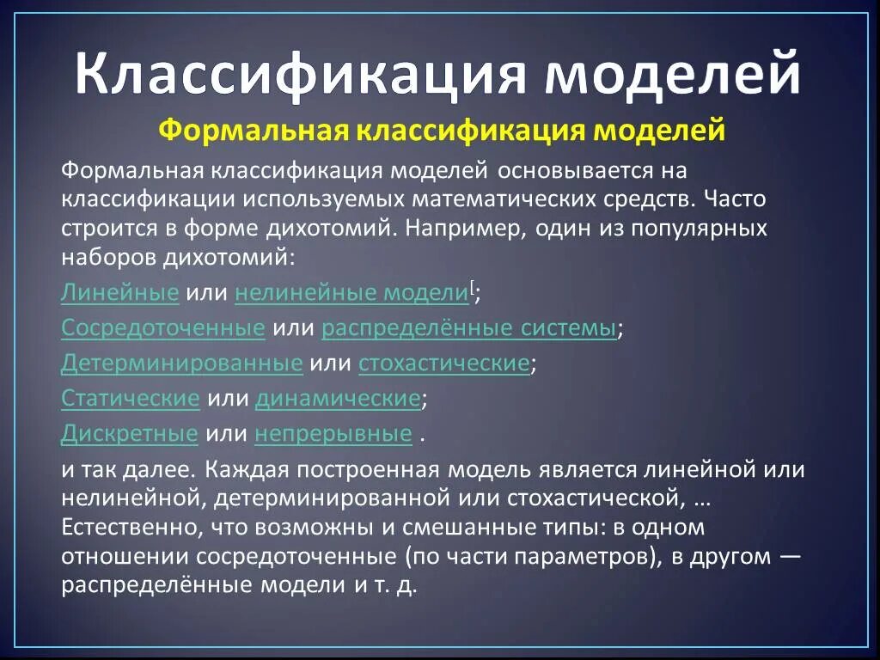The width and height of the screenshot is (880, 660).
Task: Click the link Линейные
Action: tap(119, 292)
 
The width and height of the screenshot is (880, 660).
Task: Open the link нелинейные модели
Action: tap(351, 292)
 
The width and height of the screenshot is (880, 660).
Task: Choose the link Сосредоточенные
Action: tap(162, 328)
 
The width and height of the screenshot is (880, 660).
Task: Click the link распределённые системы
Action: tap(469, 328)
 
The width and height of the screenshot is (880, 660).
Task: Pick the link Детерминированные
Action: tap(181, 364)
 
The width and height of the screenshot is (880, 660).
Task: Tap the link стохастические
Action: tap(443, 364)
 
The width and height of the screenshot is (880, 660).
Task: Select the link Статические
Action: tap(130, 399)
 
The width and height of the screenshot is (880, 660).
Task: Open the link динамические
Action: tap(338, 399)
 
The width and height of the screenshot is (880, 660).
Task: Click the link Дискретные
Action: tap(129, 434)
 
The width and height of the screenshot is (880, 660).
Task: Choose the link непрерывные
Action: tap(333, 434)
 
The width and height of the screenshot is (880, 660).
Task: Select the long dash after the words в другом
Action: tap(790, 556)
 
